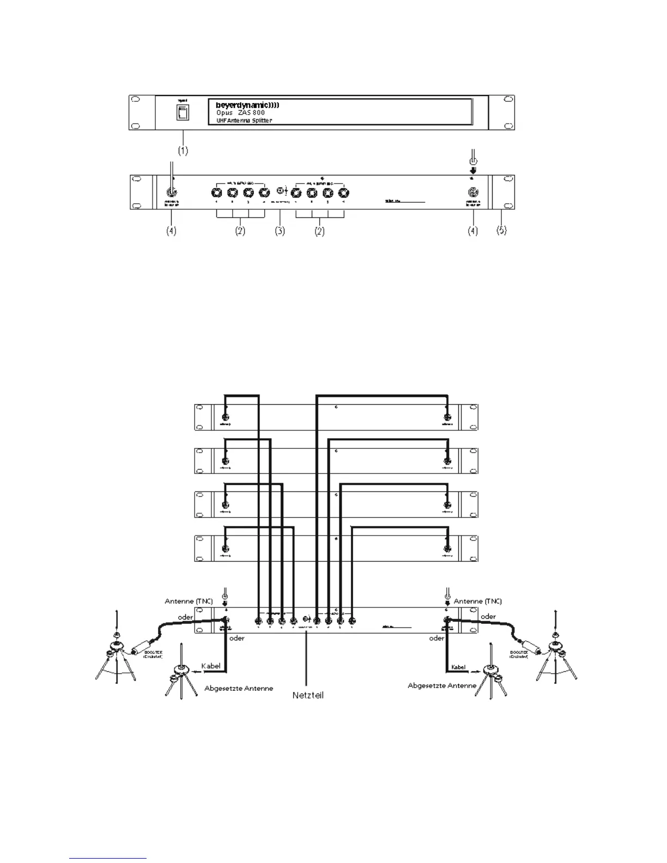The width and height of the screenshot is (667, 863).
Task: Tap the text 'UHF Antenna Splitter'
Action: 240,120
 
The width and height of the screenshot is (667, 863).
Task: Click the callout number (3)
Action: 279,231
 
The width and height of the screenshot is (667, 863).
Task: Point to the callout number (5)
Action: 501,230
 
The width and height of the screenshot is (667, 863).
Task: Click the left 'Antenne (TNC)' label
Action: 189,601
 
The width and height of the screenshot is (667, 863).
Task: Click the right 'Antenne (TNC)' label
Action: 477,601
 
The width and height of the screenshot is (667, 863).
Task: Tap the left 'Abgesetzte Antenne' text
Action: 239,688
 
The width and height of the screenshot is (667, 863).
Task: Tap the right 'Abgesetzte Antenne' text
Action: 442,685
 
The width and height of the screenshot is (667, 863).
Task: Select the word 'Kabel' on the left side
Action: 211,666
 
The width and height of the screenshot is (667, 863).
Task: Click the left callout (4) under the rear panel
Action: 171,231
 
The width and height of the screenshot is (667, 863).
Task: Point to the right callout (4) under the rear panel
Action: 472,231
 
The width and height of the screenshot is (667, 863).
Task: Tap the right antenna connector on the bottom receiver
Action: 447,549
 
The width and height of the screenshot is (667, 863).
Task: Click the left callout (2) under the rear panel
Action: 240,231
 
